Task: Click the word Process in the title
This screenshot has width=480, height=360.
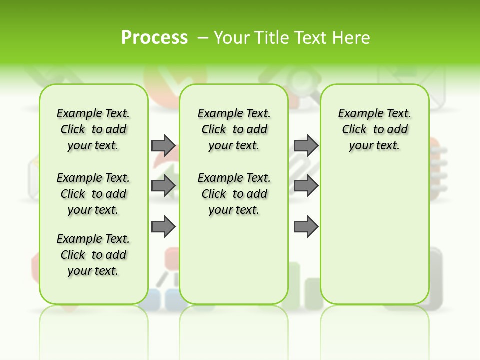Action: tap(154, 37)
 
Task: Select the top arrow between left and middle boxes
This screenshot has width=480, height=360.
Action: tap(163, 145)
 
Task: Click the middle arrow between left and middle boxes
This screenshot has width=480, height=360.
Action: tap(163, 186)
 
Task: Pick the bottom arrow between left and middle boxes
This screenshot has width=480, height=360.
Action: tap(163, 227)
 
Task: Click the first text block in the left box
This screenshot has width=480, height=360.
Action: tap(93, 129)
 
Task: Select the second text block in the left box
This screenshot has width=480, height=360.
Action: tap(93, 194)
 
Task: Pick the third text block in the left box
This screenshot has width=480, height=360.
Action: tap(93, 255)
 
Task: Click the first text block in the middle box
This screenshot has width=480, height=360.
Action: tap(234, 129)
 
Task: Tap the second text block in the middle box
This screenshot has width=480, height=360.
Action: tap(234, 194)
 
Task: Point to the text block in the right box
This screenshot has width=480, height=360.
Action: tap(374, 129)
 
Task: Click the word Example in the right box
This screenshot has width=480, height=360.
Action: tap(358, 114)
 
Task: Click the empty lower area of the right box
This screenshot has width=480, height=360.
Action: tap(374, 235)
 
